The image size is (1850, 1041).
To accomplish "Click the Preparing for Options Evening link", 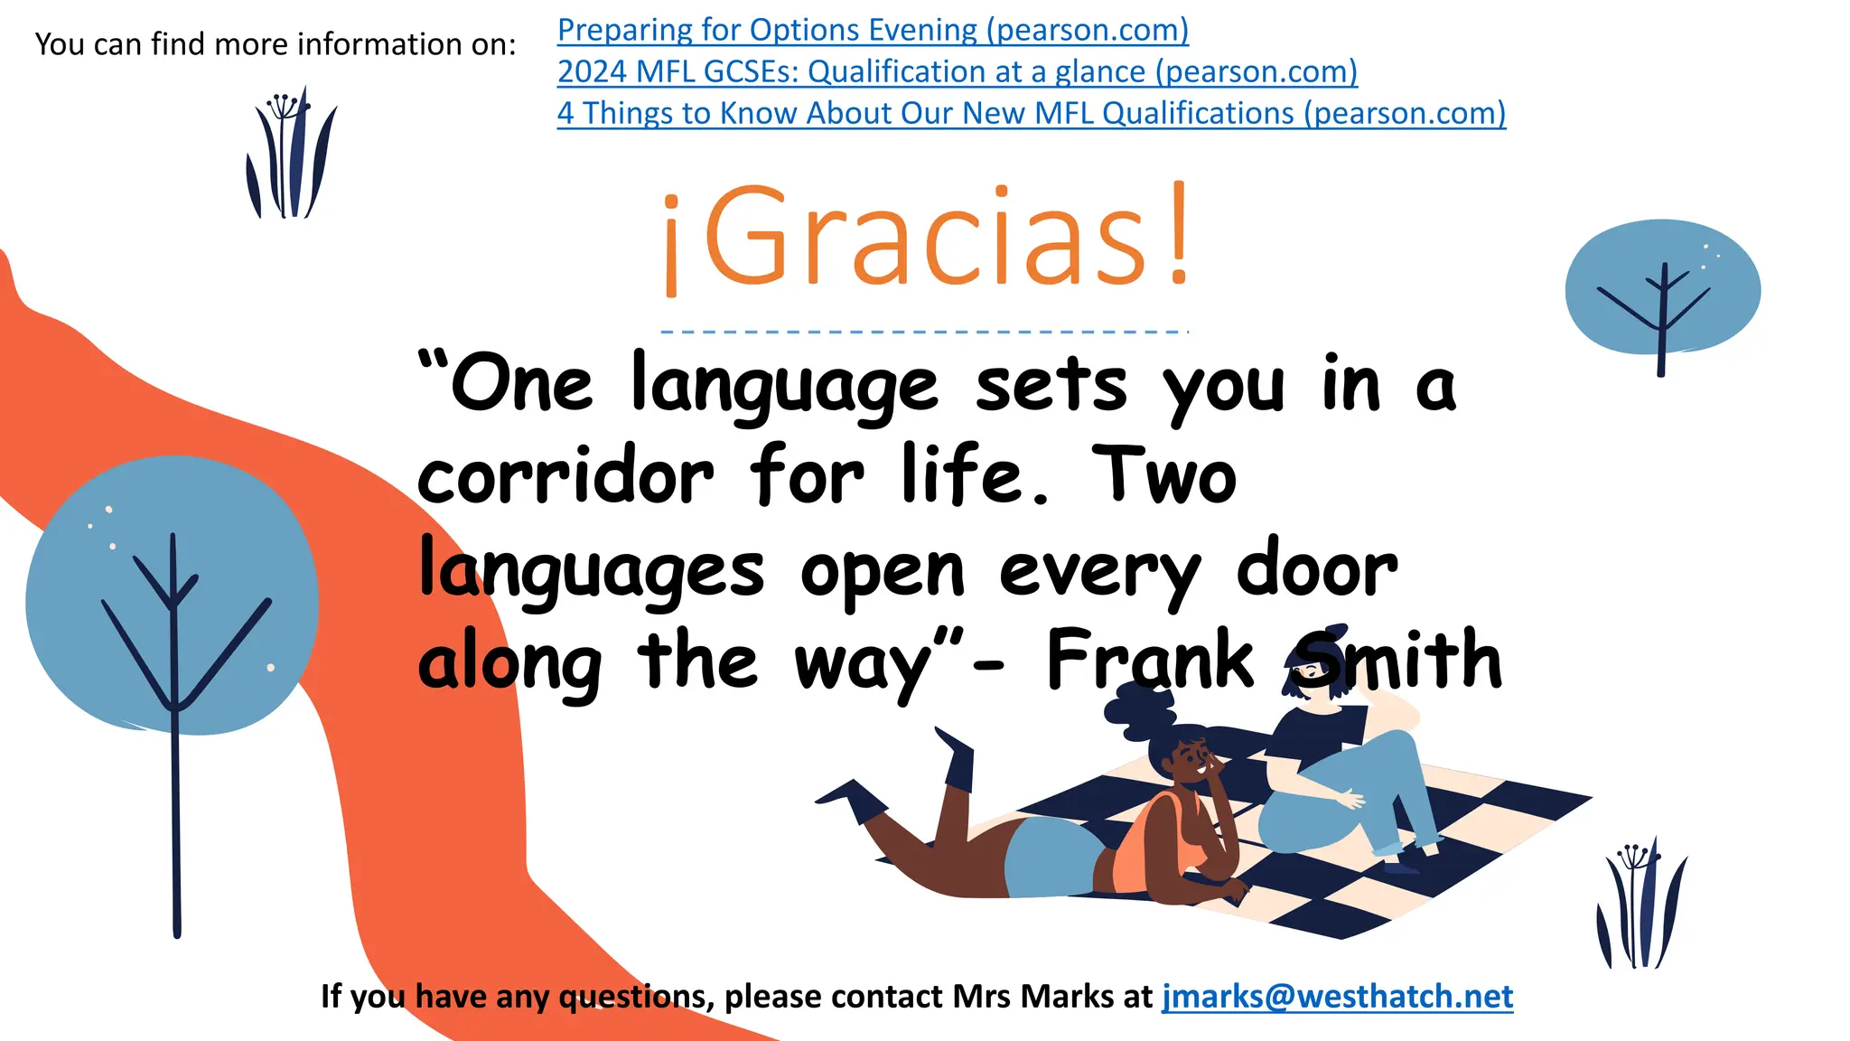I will pyautogui.click(x=873, y=31).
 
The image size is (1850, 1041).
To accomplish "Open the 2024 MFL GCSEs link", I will pyautogui.click(x=957, y=72).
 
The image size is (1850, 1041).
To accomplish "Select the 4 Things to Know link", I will pyautogui.click(x=1031, y=114).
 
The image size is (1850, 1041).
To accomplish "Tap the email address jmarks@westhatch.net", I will pyautogui.click(x=1337, y=996).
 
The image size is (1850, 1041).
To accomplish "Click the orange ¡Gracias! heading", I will pyautogui.click(x=927, y=237).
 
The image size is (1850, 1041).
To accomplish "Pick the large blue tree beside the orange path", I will pyautogui.click(x=172, y=596).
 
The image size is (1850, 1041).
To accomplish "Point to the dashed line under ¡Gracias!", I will pyautogui.click(x=924, y=333).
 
